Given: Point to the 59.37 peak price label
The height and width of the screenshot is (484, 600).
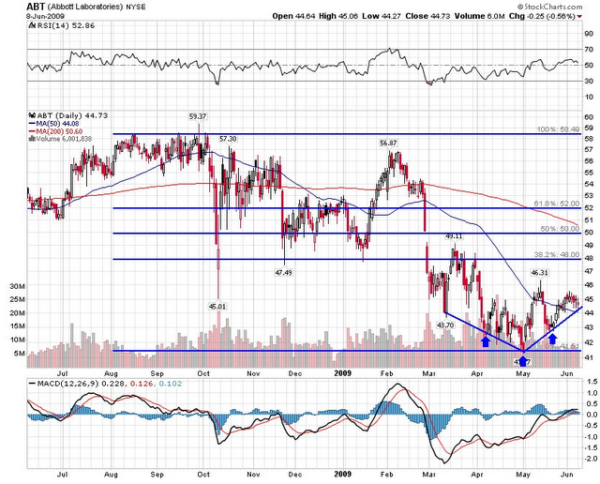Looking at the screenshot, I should coord(197,116).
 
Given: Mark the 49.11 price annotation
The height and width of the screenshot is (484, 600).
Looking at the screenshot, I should coord(454,235).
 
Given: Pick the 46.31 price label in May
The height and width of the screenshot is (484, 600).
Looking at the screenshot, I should coord(540,273).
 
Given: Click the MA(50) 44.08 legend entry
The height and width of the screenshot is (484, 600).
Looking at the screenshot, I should coord(52,122).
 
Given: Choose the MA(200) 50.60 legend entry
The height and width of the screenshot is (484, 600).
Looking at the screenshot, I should coord(54,129).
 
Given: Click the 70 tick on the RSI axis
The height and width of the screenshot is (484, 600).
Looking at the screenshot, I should coord(588,49).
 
